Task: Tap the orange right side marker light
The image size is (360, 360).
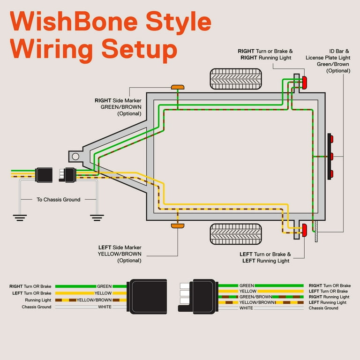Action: pos(178,87)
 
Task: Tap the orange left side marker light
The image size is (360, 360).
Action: pos(178,226)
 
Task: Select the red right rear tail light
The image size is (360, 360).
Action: pos(304,83)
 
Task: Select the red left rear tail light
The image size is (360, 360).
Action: pos(304,231)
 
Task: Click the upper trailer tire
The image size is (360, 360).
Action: pos(236,79)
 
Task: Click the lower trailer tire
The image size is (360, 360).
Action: pos(236,233)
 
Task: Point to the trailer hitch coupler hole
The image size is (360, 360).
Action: pos(75,156)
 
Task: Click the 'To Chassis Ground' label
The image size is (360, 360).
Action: pos(58,200)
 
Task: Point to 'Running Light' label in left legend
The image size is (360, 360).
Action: pos(38,300)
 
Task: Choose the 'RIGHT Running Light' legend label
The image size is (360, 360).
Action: pos(329,297)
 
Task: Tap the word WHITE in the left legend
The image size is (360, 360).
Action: pos(105,307)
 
